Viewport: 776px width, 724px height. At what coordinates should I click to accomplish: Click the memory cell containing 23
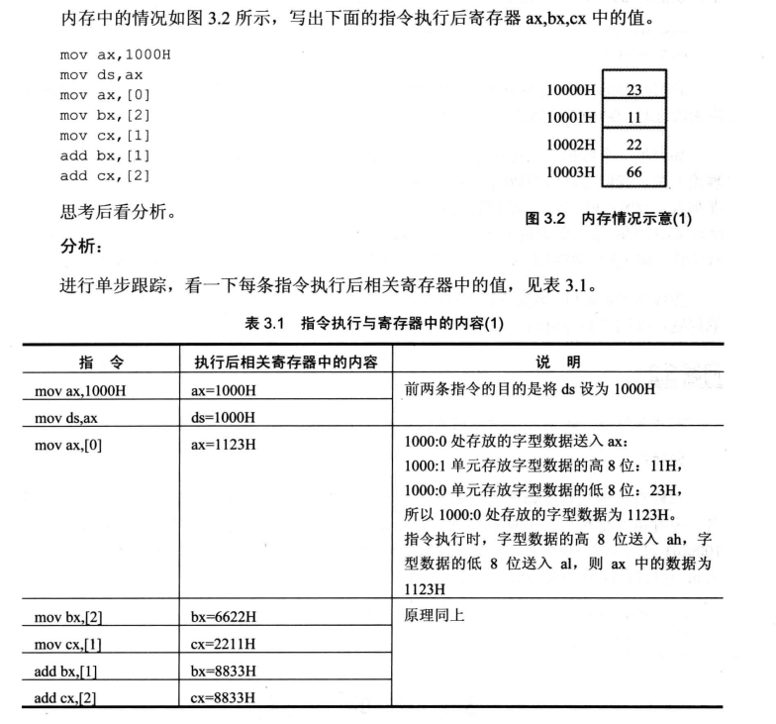click(634, 90)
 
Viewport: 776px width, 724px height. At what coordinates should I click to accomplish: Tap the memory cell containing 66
click(634, 172)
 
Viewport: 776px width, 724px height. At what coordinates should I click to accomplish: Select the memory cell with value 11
click(634, 117)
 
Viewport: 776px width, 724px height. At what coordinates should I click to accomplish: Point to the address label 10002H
click(571, 145)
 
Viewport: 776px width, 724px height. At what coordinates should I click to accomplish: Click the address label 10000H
click(571, 90)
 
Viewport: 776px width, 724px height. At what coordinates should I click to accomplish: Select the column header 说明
click(559, 359)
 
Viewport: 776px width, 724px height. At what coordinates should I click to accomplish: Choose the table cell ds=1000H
click(224, 417)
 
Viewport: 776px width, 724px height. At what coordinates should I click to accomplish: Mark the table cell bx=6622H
click(224, 618)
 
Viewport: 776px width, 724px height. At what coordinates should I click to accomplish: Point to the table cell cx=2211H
click(224, 645)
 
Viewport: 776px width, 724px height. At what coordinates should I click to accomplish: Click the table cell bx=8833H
click(224, 672)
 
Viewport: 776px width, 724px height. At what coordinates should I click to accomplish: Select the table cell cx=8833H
click(224, 698)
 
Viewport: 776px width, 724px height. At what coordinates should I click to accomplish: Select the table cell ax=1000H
click(224, 390)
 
